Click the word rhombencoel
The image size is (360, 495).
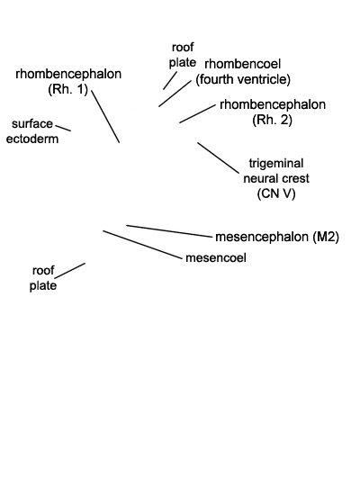tap(242, 64)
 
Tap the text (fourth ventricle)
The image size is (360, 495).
tap(243, 79)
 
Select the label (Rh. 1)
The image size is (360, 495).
tap(67, 89)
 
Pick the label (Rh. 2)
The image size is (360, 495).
tap(272, 120)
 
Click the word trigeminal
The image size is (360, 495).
tap(276, 164)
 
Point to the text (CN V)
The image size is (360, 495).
tap(276, 193)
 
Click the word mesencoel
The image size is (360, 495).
tap(216, 258)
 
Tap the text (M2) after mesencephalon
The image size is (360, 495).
tap(326, 237)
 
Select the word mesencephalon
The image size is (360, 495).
tap(262, 237)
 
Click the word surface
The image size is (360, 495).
tap(32, 124)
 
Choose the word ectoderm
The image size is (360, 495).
tap(32, 139)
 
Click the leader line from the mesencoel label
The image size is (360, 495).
tap(143, 245)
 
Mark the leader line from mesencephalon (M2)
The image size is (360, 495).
tap(169, 230)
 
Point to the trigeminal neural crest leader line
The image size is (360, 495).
tap(218, 157)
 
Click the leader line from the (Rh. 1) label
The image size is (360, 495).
tap(105, 116)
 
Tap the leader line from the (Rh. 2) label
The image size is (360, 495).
tap(197, 114)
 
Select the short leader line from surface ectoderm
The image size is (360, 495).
tap(63, 128)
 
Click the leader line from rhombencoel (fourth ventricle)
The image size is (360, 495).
tap(175, 93)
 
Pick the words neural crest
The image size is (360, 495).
tap(276, 179)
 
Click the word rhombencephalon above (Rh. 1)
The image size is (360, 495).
tap(68, 74)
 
